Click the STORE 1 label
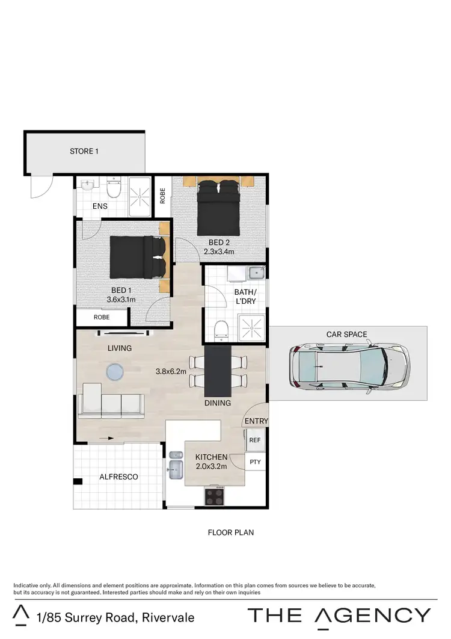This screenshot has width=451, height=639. click(x=84, y=151)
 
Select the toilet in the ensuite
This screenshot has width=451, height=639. click(x=112, y=190)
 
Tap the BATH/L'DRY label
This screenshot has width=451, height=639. click(x=245, y=297)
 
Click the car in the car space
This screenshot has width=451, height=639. click(x=348, y=366)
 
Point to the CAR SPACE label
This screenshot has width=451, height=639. click(x=346, y=335)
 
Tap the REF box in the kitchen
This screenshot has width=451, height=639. click(x=254, y=440)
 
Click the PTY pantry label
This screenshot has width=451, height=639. click(x=254, y=462)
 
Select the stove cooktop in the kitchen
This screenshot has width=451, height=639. click(x=215, y=496)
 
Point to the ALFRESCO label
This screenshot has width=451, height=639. click(x=118, y=477)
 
